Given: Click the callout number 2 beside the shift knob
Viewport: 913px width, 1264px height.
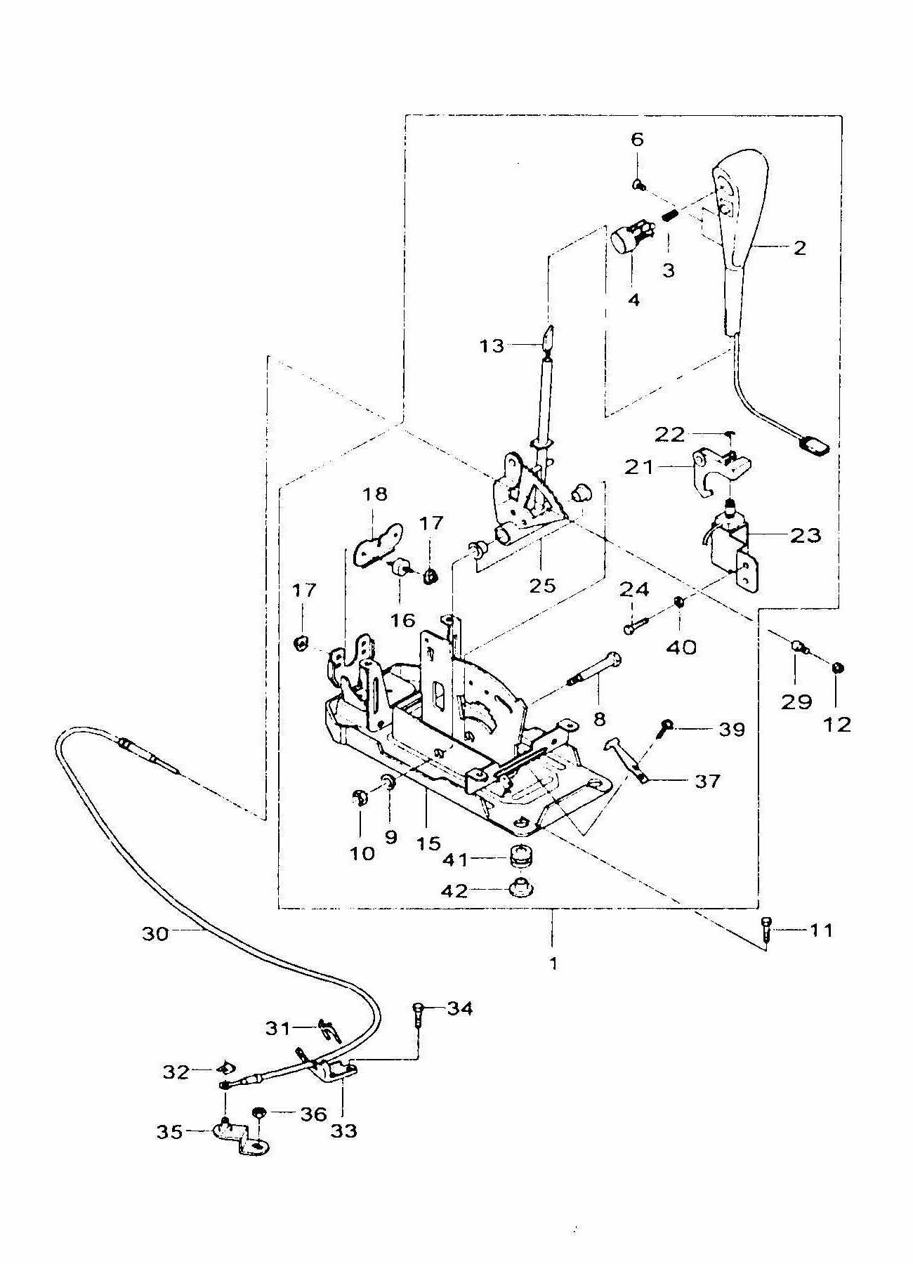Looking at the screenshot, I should click(x=799, y=247).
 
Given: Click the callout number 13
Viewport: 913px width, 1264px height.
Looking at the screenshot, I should click(x=492, y=345).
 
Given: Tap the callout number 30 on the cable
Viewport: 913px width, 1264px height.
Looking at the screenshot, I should click(x=155, y=934).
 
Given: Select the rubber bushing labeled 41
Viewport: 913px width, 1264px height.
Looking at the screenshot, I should click(x=521, y=859).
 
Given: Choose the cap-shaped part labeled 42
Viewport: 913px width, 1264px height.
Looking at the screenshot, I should click(x=521, y=889).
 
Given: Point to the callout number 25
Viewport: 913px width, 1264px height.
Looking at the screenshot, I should click(x=542, y=585).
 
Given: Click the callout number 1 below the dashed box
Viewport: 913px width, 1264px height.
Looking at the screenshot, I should click(x=553, y=963).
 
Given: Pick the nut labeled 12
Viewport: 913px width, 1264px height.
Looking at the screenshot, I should click(x=837, y=668).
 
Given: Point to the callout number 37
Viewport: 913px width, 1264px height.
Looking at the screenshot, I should click(x=707, y=781).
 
